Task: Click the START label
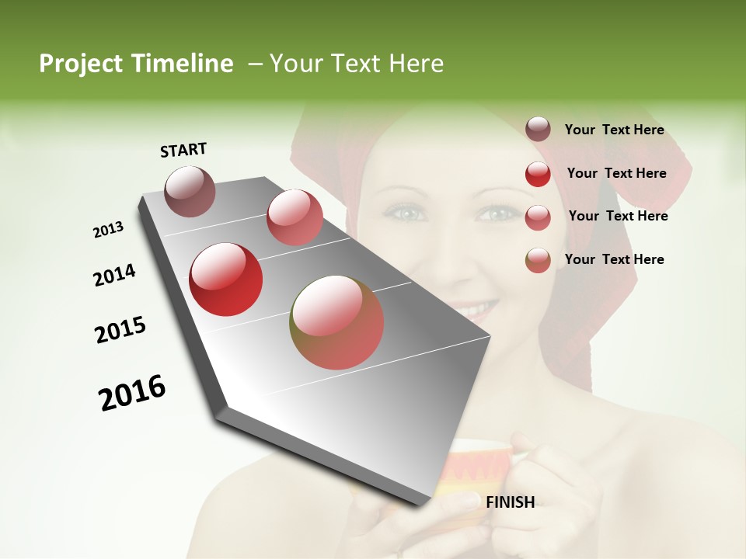[x=183, y=150]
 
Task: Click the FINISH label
[x=510, y=502]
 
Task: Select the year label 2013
[x=109, y=230]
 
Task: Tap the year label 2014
[x=115, y=275]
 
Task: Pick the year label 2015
[x=120, y=330]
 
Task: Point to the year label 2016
[x=132, y=393]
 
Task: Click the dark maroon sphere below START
[x=190, y=191]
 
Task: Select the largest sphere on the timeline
[x=336, y=322]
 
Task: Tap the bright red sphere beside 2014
[x=226, y=279]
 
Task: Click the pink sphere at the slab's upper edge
[x=295, y=217]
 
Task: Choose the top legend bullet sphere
[x=538, y=130]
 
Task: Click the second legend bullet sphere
[x=538, y=174]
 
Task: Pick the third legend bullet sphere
[x=538, y=217]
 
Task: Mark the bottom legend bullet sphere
[x=538, y=260]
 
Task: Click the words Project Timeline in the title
[x=136, y=64]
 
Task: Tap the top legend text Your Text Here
[x=614, y=130]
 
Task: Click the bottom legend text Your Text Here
[x=614, y=259]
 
